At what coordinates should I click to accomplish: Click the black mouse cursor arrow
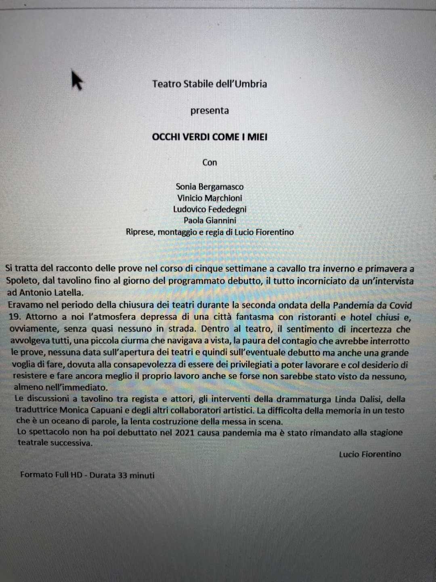[77, 80]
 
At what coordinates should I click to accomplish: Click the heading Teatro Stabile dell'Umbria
[210, 84]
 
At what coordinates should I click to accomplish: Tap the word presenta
[210, 111]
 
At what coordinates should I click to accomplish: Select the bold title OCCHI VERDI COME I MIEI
[210, 137]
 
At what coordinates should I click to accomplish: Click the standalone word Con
[210, 162]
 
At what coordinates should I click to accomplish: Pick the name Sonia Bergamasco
[210, 187]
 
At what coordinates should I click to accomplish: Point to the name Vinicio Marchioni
[210, 198]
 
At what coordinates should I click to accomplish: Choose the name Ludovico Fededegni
[210, 209]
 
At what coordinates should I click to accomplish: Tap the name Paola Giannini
[210, 220]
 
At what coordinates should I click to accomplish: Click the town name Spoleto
[21, 281]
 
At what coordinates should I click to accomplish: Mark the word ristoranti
[308, 317]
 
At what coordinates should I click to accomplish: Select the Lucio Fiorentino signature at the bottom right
[370, 454]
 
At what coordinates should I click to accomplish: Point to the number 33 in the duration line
[123, 475]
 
